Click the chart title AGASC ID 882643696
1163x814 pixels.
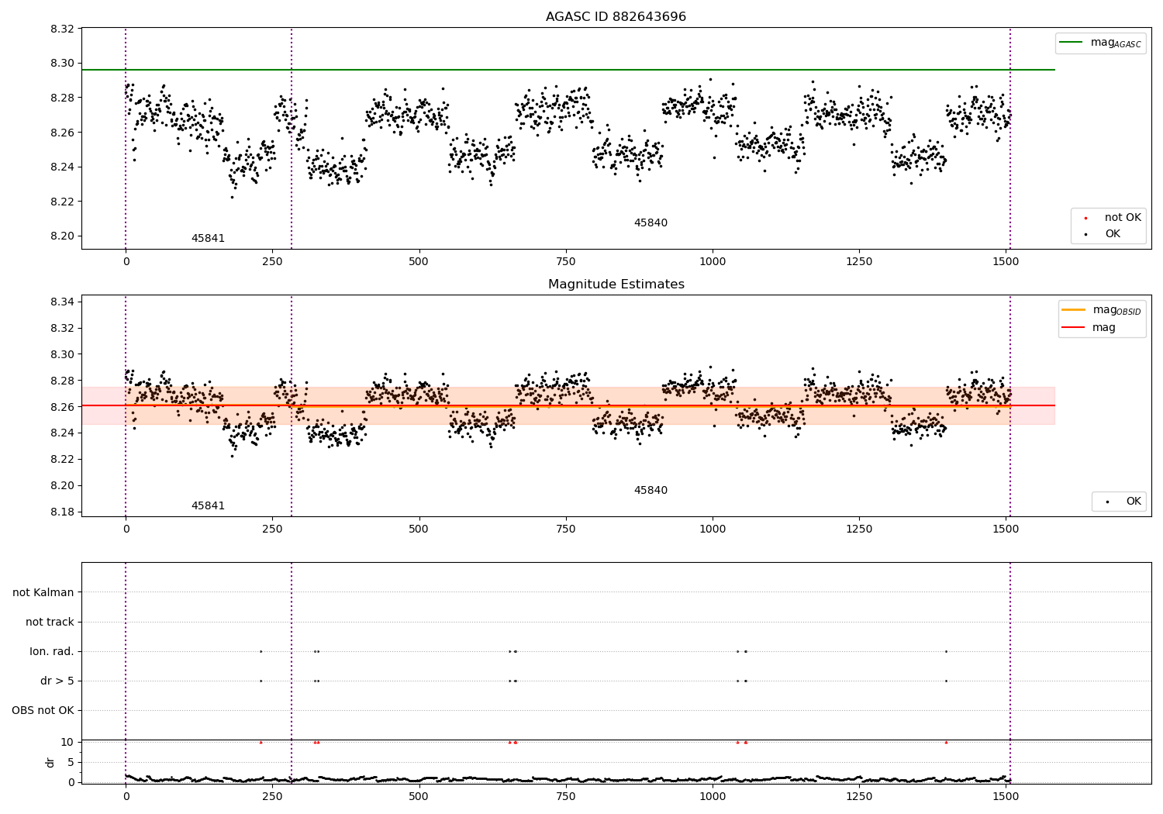[616, 17]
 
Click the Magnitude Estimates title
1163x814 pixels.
[616, 285]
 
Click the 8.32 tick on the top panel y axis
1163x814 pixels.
[61, 29]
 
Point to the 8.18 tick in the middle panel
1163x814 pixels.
[61, 512]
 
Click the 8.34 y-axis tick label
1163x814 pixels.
[61, 302]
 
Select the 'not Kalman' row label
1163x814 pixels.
[43, 592]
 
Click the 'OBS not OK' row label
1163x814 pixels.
[43, 710]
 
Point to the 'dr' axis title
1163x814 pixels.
[50, 762]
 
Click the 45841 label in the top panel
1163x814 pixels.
[208, 239]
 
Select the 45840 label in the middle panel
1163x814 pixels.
[651, 491]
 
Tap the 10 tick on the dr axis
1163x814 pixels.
[67, 742]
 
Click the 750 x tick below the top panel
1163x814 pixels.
[565, 262]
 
